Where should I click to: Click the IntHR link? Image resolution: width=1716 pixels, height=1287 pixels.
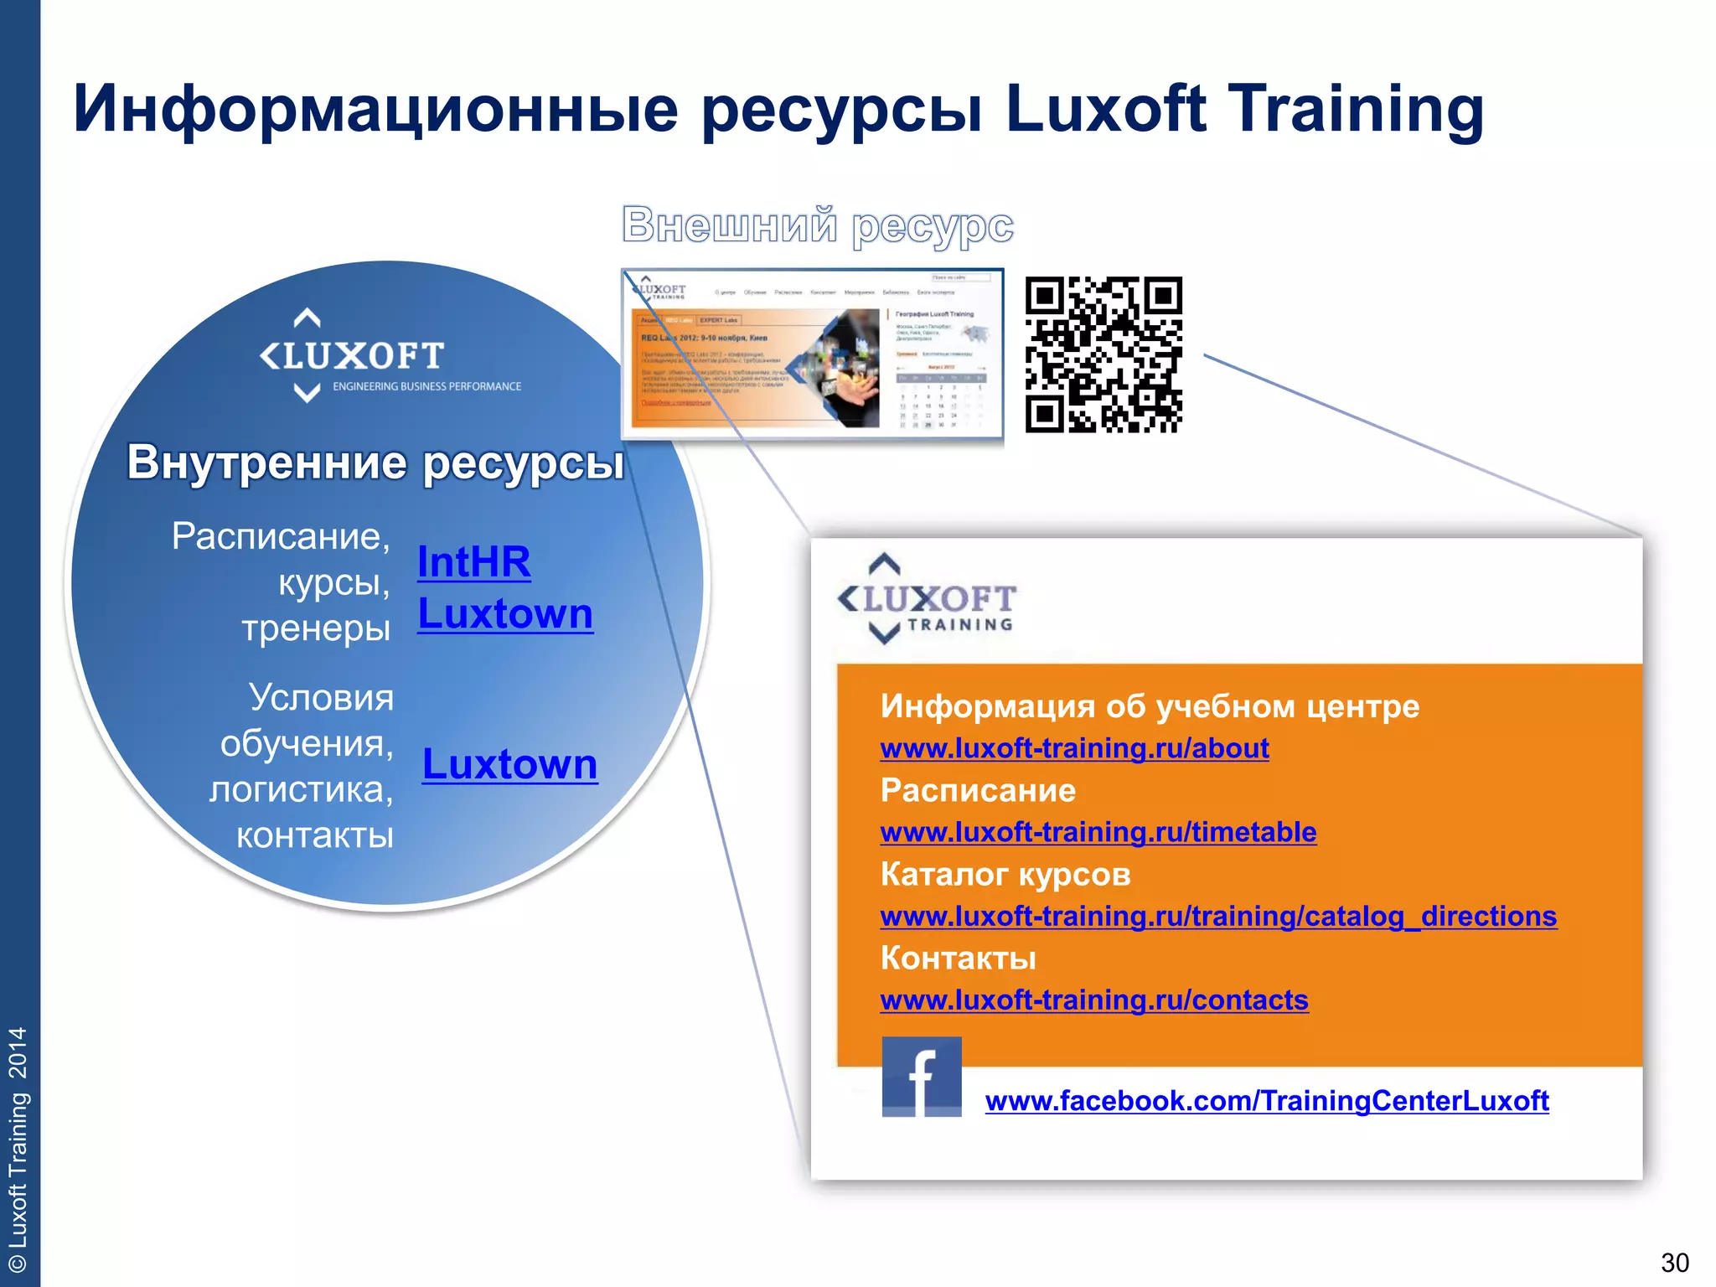[473, 562]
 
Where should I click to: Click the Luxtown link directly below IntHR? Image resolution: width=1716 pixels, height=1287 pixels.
[505, 614]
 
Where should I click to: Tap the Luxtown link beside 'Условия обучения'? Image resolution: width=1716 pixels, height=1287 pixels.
[509, 764]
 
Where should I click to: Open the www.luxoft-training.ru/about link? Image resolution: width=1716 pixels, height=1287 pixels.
[1074, 748]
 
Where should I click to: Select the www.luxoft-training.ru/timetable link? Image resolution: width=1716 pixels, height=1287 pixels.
[1098, 832]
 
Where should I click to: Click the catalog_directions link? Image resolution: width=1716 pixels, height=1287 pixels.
[1218, 916]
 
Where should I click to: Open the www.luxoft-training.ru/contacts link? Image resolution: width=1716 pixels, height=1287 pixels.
[1093, 1000]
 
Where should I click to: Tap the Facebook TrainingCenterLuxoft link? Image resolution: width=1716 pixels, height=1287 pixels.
[1266, 1100]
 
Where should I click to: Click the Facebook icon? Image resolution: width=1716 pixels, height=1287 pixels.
[921, 1077]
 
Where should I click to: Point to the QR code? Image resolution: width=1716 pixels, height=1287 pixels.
[1104, 354]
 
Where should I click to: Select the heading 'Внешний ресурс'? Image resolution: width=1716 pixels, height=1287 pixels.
[817, 225]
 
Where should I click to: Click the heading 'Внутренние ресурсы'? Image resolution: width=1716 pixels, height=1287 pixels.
[375, 462]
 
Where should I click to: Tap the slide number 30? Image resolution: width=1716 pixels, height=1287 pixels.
[1674, 1262]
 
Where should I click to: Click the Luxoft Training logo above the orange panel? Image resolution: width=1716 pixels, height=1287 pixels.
[926, 599]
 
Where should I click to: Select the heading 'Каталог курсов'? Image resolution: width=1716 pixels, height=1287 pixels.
[1005, 875]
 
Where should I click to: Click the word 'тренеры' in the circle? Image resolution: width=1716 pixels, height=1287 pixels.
[316, 628]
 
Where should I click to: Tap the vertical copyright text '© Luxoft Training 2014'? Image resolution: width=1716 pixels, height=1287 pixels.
[18, 1148]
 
